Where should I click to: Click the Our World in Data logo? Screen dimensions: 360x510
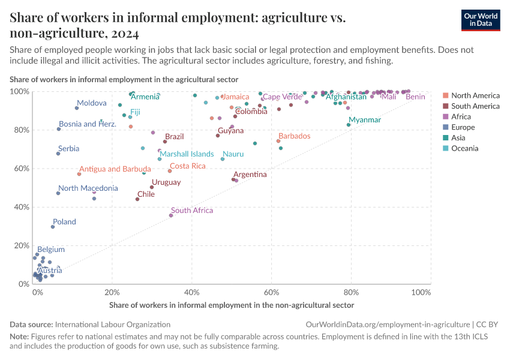pyautogui.click(x=481, y=19)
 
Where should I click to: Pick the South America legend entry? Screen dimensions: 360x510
pyautogui.click(x=475, y=106)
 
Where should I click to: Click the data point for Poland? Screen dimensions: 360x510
pyautogui.click(x=53, y=227)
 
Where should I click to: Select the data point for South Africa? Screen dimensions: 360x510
pyautogui.click(x=171, y=215)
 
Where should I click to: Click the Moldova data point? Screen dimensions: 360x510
pyautogui.click(x=77, y=108)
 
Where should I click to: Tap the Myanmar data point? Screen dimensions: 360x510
pyautogui.click(x=349, y=125)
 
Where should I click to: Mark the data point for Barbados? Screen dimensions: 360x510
pyautogui.click(x=278, y=141)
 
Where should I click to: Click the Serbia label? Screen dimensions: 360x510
pyautogui.click(x=68, y=149)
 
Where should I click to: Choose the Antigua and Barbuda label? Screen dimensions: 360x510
pyautogui.click(x=115, y=169)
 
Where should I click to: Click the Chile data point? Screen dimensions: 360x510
pyautogui.click(x=137, y=199)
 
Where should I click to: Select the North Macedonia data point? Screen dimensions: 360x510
pyautogui.click(x=58, y=193)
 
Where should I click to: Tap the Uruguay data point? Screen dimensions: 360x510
pyautogui.click(x=152, y=187)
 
